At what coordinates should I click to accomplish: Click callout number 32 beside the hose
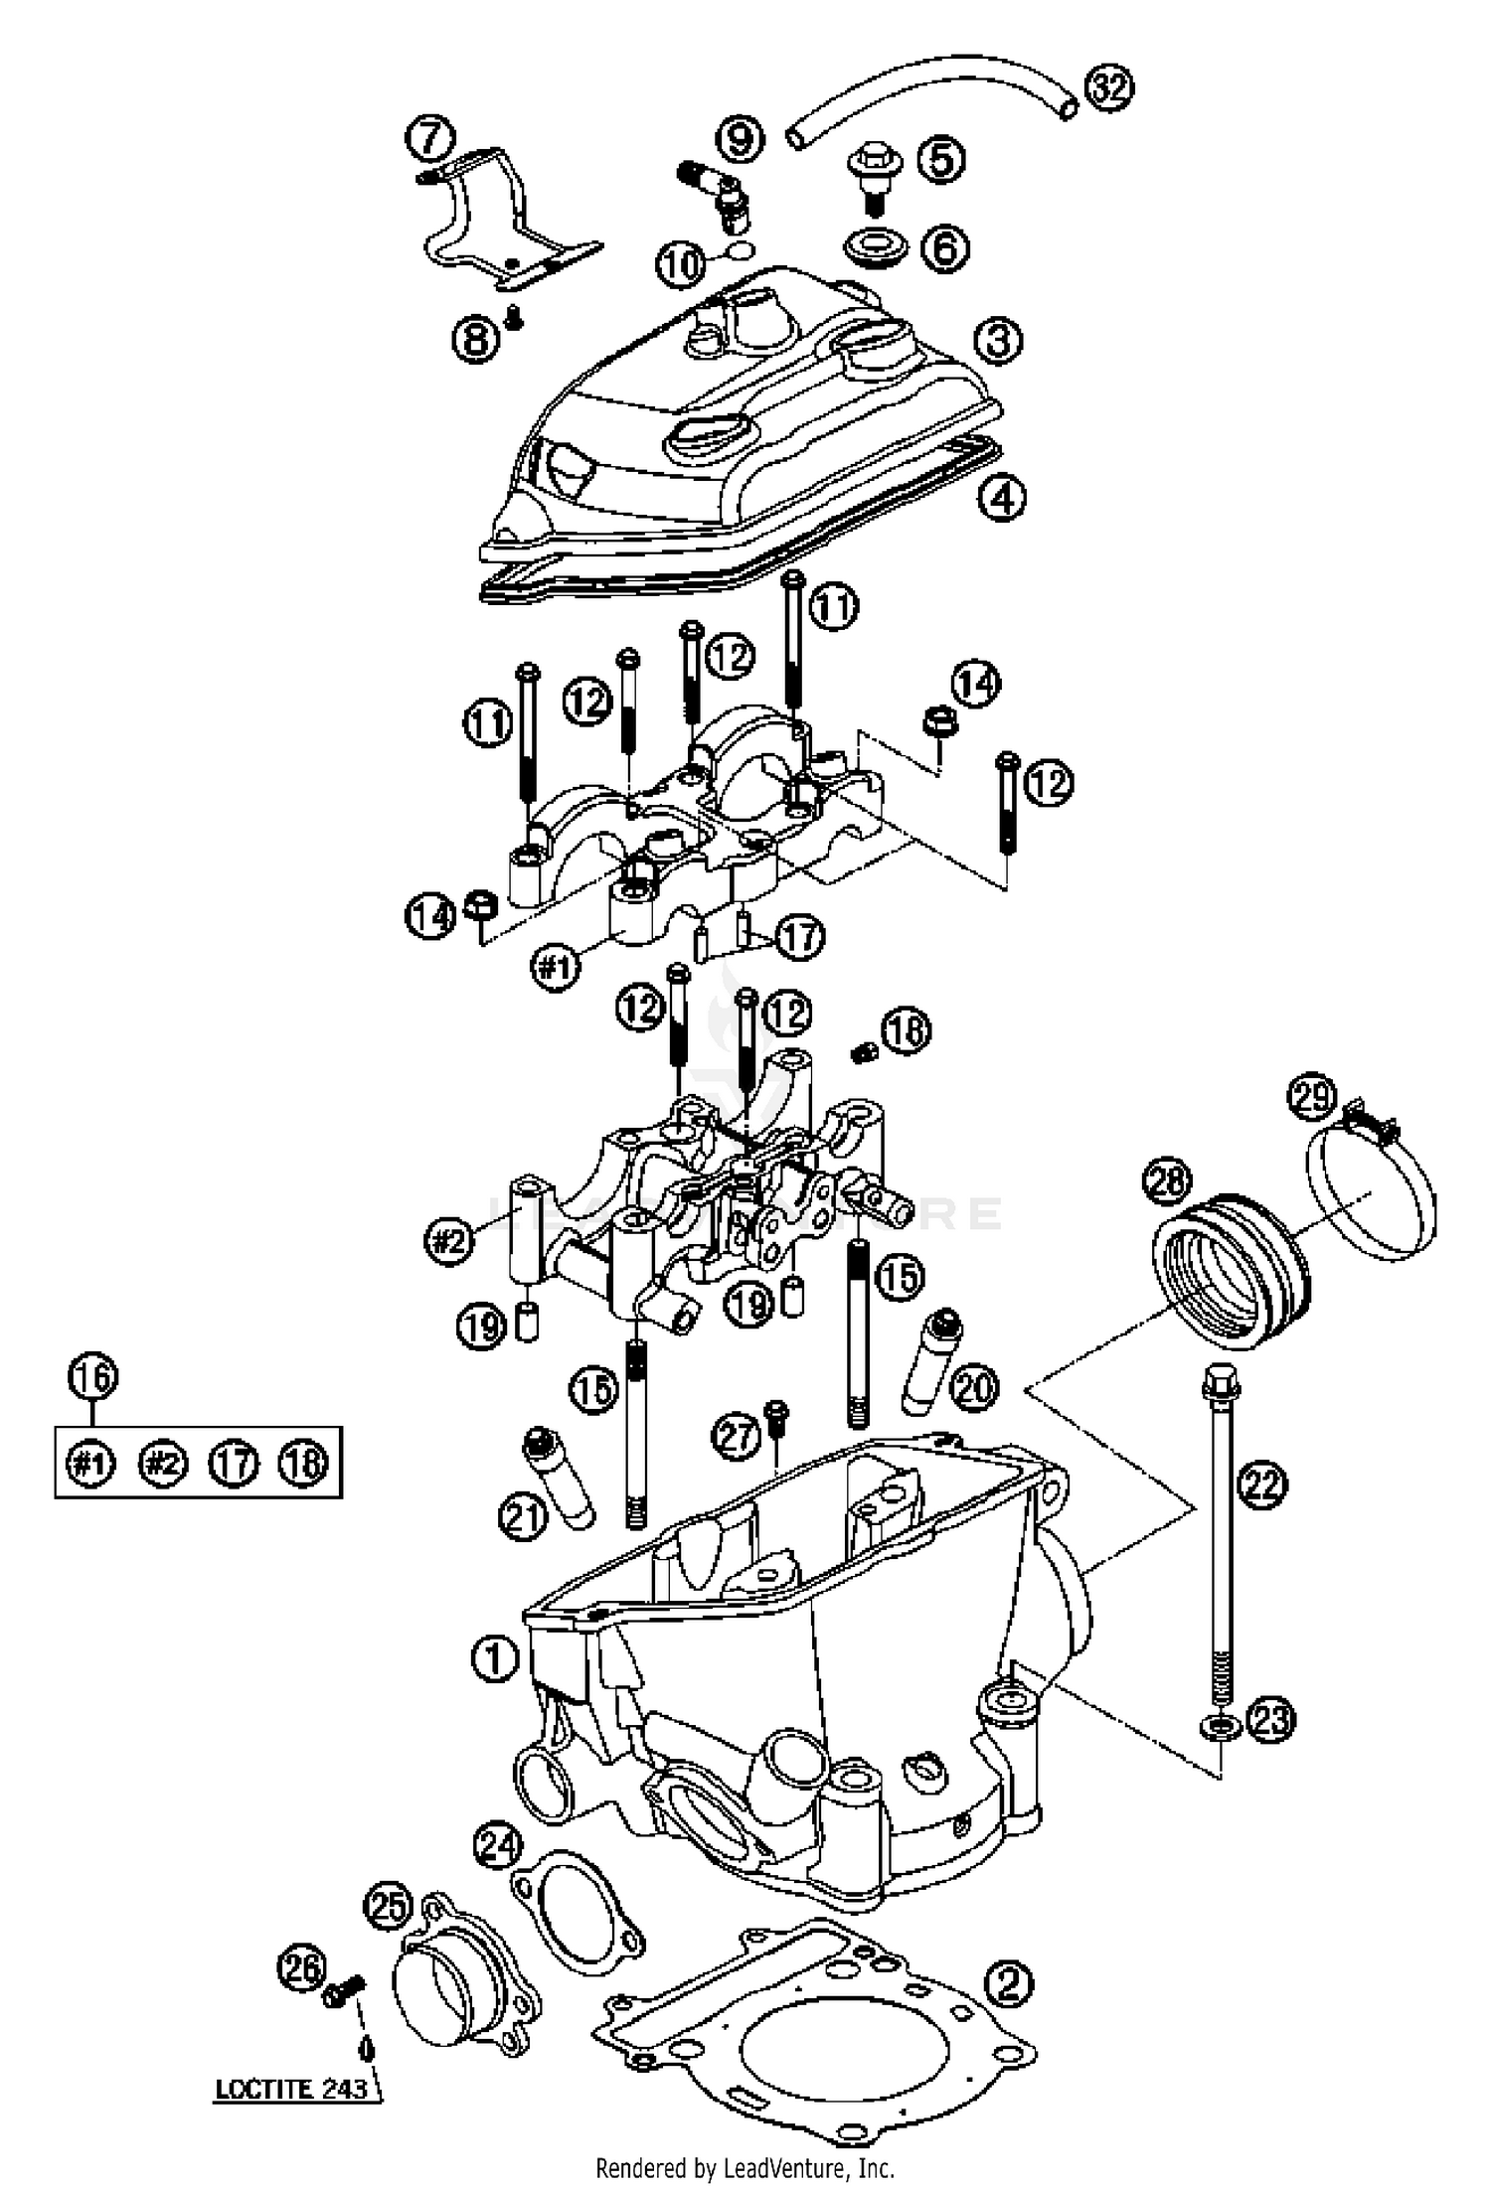pos(1108,89)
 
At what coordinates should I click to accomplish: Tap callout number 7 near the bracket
pos(430,138)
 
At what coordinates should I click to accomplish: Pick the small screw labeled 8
pos(513,316)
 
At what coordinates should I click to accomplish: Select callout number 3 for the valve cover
pos(997,340)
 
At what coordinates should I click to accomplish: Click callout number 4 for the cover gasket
pos(1001,497)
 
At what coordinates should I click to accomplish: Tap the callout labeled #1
pos(555,964)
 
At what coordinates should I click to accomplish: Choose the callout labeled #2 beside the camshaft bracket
pos(449,1241)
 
